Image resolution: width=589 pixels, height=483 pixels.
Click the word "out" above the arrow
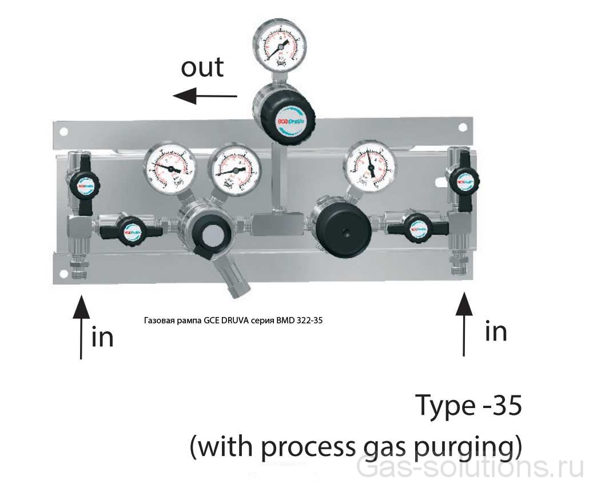(202, 68)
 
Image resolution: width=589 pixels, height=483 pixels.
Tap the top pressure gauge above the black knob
(279, 45)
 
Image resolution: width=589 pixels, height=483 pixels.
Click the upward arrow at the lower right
(463, 323)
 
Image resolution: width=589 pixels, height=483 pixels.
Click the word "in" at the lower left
(103, 336)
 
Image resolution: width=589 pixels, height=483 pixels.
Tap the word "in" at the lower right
(495, 331)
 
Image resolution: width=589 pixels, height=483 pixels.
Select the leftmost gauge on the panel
(170, 168)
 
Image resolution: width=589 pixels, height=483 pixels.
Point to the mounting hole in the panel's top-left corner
(63, 132)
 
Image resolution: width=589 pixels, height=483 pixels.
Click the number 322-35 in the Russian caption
(309, 320)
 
